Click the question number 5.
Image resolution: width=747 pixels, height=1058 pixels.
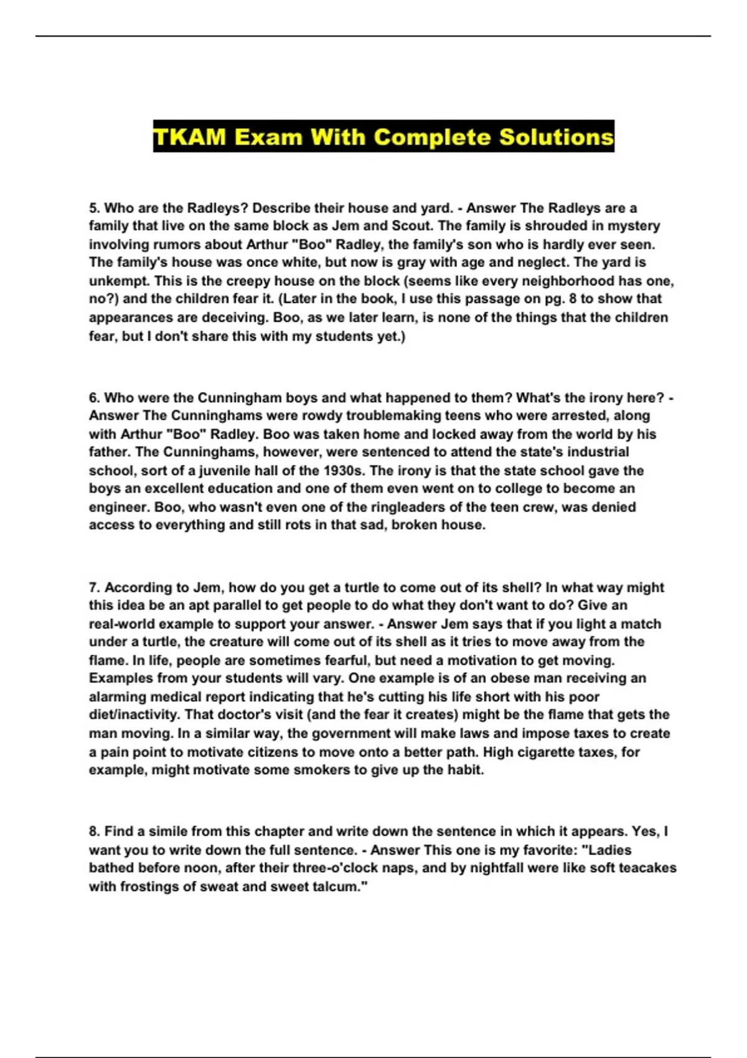pyautogui.click(x=93, y=208)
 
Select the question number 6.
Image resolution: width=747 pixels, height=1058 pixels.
pyautogui.click(x=93, y=398)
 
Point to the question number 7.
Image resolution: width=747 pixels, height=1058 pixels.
pyautogui.click(x=93, y=588)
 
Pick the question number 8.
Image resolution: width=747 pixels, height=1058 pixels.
pyautogui.click(x=93, y=831)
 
